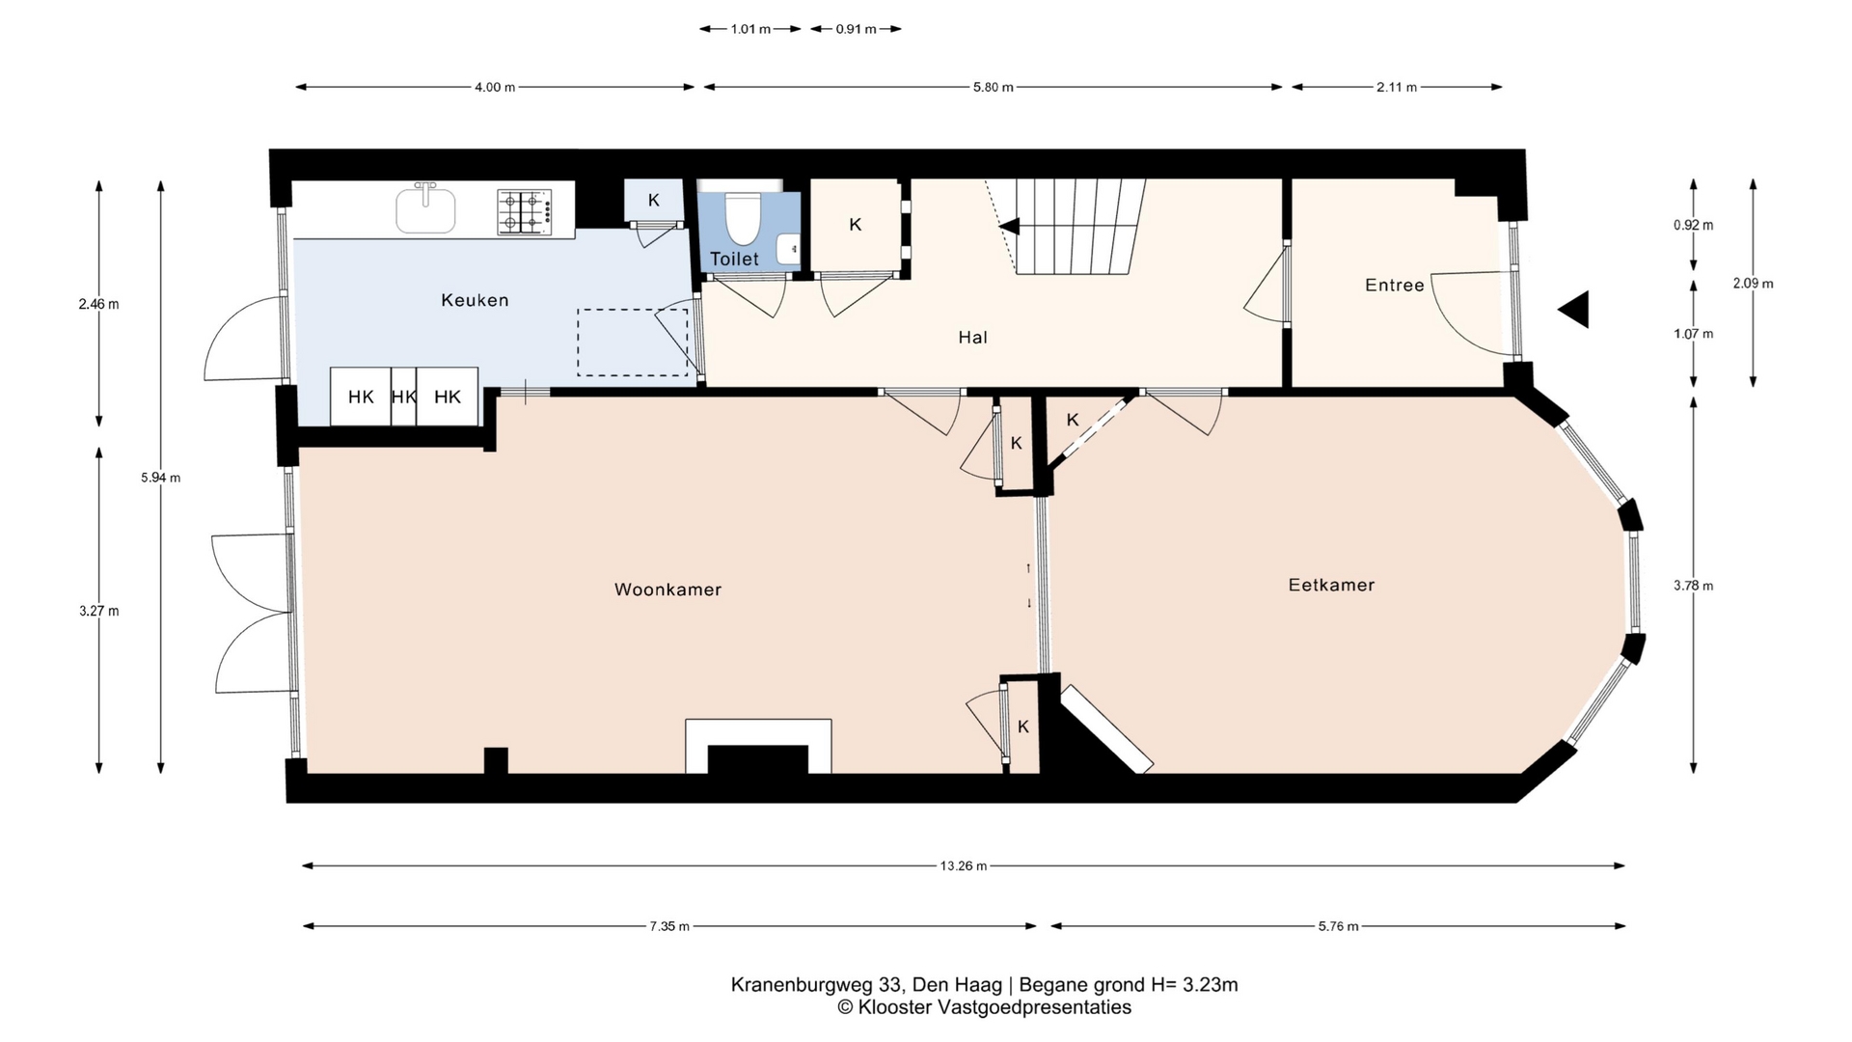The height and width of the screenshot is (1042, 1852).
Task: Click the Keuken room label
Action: coord(475,300)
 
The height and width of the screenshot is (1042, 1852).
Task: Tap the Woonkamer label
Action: coord(667,590)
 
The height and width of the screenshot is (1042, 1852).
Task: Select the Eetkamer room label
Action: coord(1331,585)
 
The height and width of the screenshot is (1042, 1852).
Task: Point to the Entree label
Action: coord(1395,285)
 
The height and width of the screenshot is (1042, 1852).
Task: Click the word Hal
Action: coord(972,337)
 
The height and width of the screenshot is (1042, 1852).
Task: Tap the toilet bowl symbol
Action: coord(742,219)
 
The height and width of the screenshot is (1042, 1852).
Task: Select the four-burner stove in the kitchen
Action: coord(525,212)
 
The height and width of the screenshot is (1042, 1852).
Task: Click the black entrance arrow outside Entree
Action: coord(1573,310)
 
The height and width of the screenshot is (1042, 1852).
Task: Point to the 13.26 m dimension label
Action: coord(964,866)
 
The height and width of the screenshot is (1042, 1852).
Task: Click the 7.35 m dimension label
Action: coord(669,926)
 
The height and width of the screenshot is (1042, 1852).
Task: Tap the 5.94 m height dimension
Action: coord(161,478)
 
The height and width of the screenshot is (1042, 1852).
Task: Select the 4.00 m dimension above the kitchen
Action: coord(495,87)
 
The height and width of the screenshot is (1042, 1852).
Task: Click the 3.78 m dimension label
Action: coord(1694,586)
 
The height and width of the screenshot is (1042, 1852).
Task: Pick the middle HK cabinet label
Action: coord(404,397)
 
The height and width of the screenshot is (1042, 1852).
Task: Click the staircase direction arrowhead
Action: coord(1009,226)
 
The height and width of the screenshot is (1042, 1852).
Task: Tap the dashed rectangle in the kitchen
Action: coord(633,343)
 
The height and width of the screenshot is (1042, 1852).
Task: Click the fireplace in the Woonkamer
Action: coord(758,746)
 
